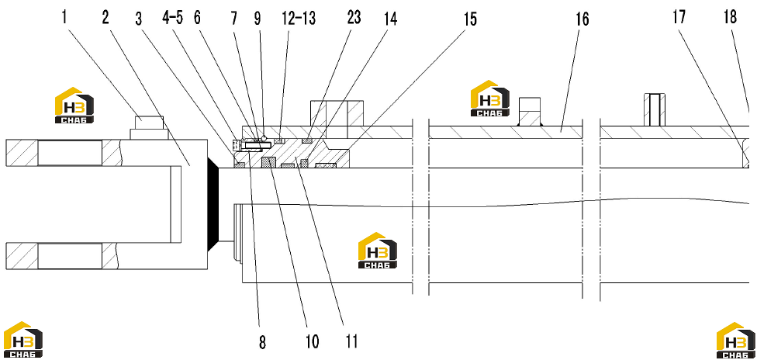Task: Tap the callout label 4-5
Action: (x=173, y=18)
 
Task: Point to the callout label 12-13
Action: (x=299, y=18)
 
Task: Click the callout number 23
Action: (x=354, y=17)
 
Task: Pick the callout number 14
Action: (x=390, y=19)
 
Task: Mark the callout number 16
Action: (x=582, y=19)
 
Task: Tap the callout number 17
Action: (x=679, y=18)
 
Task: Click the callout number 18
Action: (x=731, y=17)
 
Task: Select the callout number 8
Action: (x=262, y=342)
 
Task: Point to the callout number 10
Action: (x=313, y=342)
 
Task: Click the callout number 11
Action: (x=352, y=342)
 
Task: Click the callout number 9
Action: (x=258, y=18)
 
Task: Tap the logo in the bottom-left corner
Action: (x=23, y=339)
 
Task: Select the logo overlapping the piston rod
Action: (x=378, y=251)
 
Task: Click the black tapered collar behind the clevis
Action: (x=213, y=204)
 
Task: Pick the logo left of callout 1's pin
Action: (x=74, y=106)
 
